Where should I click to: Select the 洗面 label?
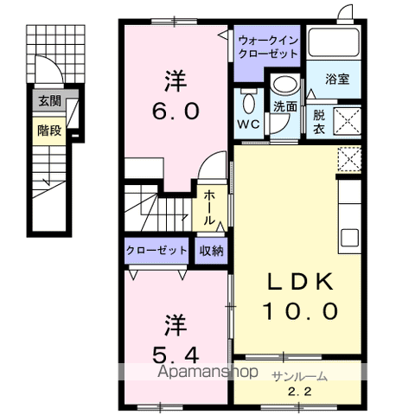pyautogui.click(x=284, y=106)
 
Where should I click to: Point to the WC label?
pyautogui.click(x=249, y=124)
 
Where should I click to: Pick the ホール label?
pyautogui.click(x=210, y=208)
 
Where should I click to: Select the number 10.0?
pyautogui.click(x=296, y=311)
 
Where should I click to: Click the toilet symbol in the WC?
pyautogui.click(x=248, y=104)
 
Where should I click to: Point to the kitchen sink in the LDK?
pyautogui.click(x=349, y=237)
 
